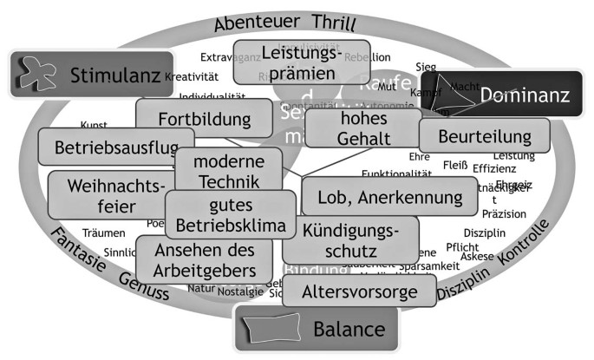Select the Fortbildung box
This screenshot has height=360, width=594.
coord(206,119)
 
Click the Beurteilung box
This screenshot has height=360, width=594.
coord(485,135)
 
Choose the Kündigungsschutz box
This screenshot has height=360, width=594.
coord(350,240)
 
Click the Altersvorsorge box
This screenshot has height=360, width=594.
coord(359,291)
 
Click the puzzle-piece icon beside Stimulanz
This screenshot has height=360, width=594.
coord(34,73)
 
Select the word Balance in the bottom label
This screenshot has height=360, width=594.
coord(349,330)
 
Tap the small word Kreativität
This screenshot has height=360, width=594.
coord(190,76)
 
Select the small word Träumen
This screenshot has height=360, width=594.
coord(104,232)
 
